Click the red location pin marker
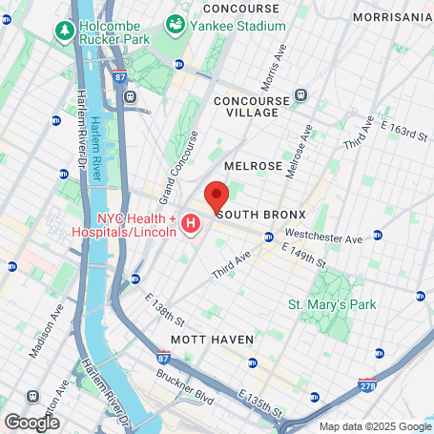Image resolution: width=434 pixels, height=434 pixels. point(217,197)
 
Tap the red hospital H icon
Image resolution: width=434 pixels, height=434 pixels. point(191,225)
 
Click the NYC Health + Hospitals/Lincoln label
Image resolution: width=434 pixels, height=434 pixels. point(124,225)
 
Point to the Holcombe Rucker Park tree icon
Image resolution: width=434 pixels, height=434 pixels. point(65,31)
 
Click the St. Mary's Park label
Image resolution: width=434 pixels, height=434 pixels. point(332,304)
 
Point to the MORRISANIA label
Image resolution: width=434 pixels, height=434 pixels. point(391,17)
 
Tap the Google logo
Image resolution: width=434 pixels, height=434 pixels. point(31,421)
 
